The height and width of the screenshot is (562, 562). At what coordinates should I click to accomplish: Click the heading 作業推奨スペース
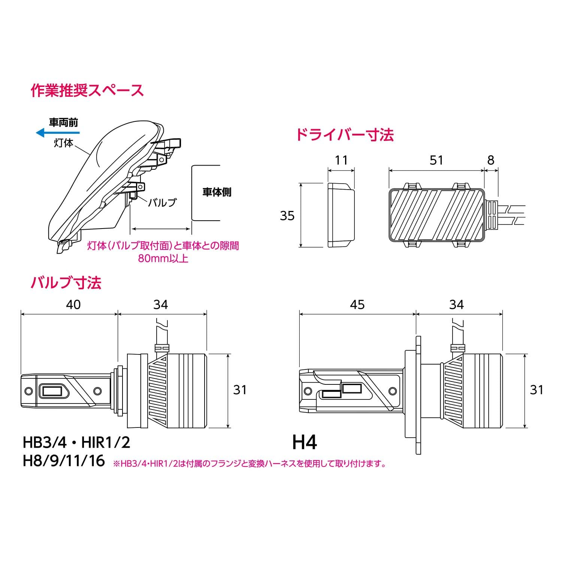[87, 91]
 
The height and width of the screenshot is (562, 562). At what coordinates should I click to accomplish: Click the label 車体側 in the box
[217, 192]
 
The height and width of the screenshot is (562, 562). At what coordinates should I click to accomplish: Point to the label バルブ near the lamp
[162, 202]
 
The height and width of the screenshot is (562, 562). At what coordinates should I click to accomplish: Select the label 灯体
[63, 143]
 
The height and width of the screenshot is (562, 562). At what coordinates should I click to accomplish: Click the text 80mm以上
[163, 259]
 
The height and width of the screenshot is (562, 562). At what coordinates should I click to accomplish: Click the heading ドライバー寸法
[345, 135]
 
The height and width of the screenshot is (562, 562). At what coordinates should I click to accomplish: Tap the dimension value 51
[436, 160]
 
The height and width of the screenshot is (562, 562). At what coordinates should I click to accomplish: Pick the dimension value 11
[341, 160]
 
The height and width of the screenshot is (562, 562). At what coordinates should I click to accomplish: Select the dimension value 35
[287, 216]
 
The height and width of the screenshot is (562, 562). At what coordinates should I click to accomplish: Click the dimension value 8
[491, 160]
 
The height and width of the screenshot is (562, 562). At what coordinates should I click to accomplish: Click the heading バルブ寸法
[66, 282]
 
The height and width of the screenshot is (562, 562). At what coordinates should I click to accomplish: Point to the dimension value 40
[73, 305]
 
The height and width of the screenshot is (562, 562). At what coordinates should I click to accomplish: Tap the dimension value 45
[357, 305]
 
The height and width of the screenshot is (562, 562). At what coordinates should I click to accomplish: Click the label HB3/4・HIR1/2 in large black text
[76, 442]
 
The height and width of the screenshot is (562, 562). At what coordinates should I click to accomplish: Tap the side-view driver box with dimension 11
[341, 215]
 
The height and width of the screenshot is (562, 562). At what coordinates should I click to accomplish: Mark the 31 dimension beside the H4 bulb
[537, 390]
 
